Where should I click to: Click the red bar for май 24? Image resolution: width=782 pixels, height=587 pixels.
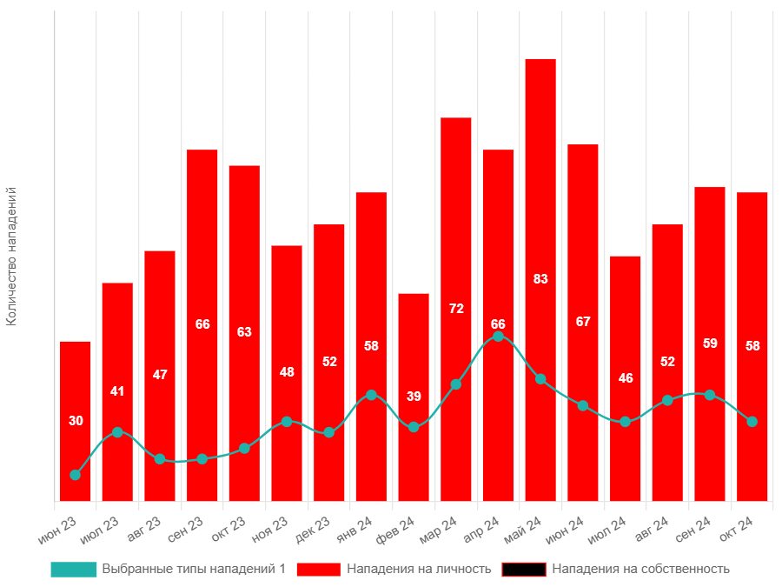point(540,174)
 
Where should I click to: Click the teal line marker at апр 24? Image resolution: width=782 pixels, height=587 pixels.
point(498,337)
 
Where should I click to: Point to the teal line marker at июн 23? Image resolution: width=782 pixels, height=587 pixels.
point(76,475)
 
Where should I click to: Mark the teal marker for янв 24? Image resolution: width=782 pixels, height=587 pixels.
point(371,395)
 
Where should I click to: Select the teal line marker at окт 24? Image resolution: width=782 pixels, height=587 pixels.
point(752,422)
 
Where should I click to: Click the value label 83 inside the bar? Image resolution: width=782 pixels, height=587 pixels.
point(540,279)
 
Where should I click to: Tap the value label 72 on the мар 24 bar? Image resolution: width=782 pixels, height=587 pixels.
point(456,309)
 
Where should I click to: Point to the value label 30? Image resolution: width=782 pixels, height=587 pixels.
point(76,421)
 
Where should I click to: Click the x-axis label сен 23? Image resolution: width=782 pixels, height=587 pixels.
point(186,527)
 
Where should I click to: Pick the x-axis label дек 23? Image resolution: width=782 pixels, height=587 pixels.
point(313,527)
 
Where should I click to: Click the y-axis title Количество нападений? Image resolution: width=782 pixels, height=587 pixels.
point(11,257)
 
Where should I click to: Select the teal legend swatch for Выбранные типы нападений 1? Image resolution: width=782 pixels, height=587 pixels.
point(73,570)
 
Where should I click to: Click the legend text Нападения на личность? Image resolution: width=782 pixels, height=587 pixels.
point(419,570)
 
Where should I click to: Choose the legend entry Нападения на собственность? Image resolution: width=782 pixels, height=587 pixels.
point(640,570)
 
